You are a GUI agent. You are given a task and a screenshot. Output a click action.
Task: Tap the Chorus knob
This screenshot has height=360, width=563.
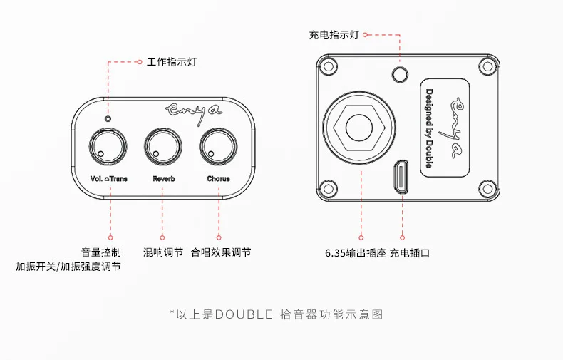217,147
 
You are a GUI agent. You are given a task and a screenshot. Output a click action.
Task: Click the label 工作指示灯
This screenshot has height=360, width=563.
171,62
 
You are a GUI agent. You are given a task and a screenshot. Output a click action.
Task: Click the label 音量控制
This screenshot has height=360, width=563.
100,252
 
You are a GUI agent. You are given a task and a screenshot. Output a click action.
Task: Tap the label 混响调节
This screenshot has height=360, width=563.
162,252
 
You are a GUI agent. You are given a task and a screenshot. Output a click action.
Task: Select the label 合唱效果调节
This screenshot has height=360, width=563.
220,252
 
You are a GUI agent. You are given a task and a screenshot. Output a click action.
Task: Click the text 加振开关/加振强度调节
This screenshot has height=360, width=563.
68,267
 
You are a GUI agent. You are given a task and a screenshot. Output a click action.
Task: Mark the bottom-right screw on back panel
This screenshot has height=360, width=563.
487,189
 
